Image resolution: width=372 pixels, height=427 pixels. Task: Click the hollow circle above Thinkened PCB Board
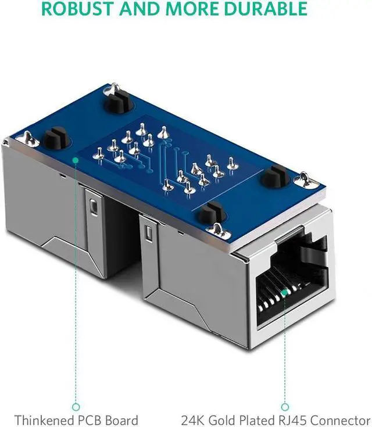tap(76, 407)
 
